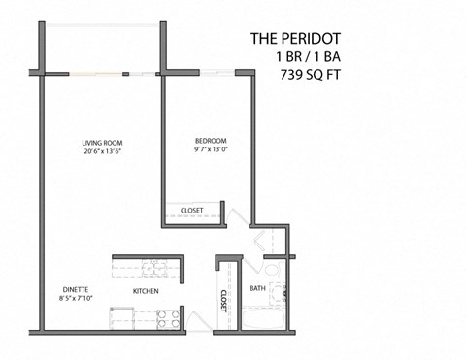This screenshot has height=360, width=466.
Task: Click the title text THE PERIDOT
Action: [296, 39]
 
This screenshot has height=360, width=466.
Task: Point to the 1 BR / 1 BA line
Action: [309, 56]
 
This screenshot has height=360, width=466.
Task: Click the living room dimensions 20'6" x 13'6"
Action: [101, 152]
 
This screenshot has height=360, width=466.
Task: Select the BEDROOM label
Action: [210, 141]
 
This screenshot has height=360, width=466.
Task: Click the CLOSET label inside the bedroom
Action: [191, 210]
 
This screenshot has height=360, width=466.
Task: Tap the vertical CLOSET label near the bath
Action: [223, 302]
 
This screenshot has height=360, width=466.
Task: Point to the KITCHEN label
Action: [146, 291]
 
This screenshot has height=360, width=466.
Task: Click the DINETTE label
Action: [75, 289]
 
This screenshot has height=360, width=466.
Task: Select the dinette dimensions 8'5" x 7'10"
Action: [75, 299]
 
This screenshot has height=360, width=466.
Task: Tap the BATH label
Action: [257, 288]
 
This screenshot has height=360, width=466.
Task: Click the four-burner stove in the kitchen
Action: [166, 314]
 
